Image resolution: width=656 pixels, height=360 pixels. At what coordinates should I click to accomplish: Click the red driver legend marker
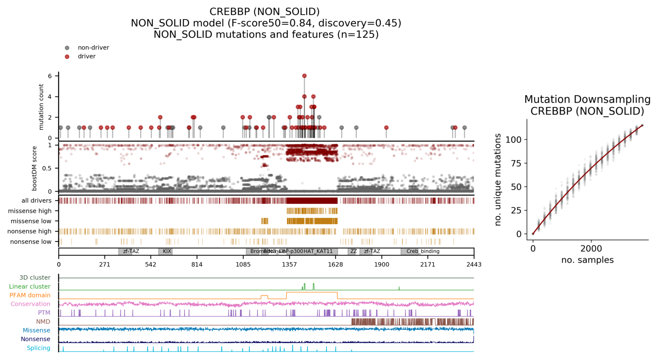coord(67,56)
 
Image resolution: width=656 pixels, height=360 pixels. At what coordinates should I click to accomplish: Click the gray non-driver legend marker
coord(67,48)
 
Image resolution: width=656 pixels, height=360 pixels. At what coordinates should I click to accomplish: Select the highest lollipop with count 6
coord(304,76)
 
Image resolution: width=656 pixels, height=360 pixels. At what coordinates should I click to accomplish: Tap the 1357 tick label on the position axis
coord(289,265)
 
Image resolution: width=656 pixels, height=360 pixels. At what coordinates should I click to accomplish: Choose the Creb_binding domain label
coord(423,252)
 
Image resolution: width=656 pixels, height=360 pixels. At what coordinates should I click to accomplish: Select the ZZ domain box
coord(353,252)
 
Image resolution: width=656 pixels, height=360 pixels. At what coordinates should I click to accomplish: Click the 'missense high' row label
coord(30,211)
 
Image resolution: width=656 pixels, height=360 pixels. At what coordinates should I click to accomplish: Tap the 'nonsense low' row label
coord(31,242)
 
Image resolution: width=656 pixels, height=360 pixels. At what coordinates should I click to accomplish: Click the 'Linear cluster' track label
coord(30,286)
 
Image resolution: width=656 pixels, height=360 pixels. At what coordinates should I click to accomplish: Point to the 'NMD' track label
coord(43,321)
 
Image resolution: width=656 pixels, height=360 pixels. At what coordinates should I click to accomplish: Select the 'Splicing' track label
coord(39,348)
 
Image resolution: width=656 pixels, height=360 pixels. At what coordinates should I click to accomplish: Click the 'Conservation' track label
coord(31,304)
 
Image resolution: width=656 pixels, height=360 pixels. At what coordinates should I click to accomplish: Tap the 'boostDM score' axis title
coord(35,168)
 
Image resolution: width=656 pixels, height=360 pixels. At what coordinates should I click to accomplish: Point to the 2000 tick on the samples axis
coord(591,249)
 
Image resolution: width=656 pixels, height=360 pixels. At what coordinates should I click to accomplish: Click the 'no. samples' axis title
coord(587,260)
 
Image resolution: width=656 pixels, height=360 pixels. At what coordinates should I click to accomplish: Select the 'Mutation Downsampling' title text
coord(587,99)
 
